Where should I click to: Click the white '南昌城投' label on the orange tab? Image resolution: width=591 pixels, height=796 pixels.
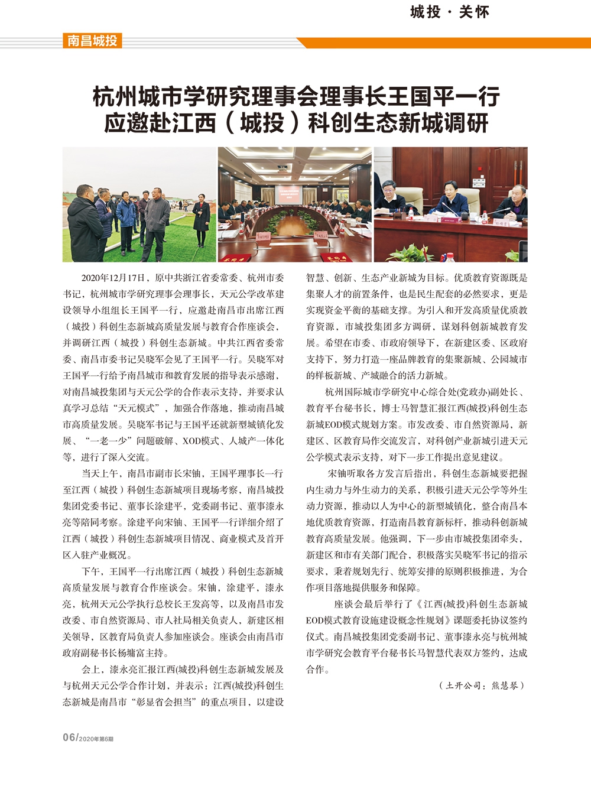(92, 41)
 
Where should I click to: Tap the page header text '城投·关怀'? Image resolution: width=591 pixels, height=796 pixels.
(450, 12)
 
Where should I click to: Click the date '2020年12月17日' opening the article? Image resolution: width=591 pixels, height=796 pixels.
(113, 278)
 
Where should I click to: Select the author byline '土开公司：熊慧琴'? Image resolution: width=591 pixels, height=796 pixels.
(481, 685)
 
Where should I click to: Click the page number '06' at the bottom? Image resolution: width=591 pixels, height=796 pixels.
(69, 737)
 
